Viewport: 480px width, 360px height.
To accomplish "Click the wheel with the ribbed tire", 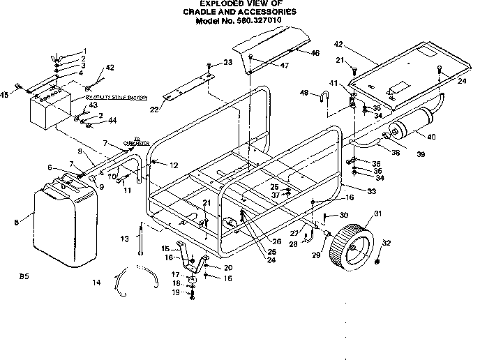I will click(354, 246).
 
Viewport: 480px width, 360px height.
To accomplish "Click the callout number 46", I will click(315, 52).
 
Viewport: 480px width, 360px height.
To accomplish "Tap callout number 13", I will click(124, 239).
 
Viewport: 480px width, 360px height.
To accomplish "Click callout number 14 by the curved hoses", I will click(97, 282).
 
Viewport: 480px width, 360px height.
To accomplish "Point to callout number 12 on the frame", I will click(174, 164).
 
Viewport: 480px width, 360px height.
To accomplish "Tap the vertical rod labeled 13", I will click(141, 239).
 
